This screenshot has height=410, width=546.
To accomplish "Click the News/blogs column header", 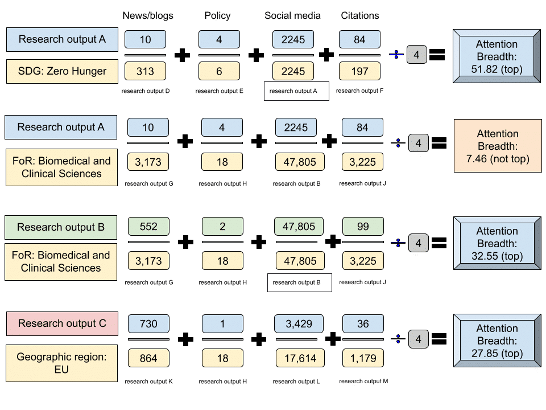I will pos(148,15).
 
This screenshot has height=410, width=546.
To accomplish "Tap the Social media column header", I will pos(293,15).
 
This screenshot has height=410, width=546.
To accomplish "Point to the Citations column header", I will pos(360,15).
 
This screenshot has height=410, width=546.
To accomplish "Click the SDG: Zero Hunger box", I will pos(63,72).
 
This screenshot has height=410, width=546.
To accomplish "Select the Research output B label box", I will pos(61,227).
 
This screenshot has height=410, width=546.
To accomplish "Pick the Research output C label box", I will pos(62,323).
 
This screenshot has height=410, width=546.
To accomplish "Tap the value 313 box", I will pos(145,71).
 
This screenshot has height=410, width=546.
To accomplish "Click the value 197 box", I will pos(360,71).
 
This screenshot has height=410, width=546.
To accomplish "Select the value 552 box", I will pos(148,226).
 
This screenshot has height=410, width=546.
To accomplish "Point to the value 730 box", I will pos(148,323).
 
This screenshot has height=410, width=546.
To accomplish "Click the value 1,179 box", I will pos(363,357).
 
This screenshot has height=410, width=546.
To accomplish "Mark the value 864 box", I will pos(148,357).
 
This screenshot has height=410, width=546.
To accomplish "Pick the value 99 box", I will pos(363,226).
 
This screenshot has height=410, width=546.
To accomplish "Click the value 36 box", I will pos(363,323).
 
